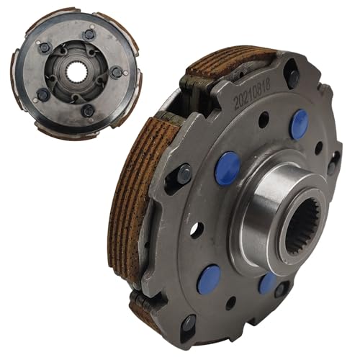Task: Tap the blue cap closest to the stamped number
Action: (x=300, y=125)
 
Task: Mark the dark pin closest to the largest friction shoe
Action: (x=184, y=174)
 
